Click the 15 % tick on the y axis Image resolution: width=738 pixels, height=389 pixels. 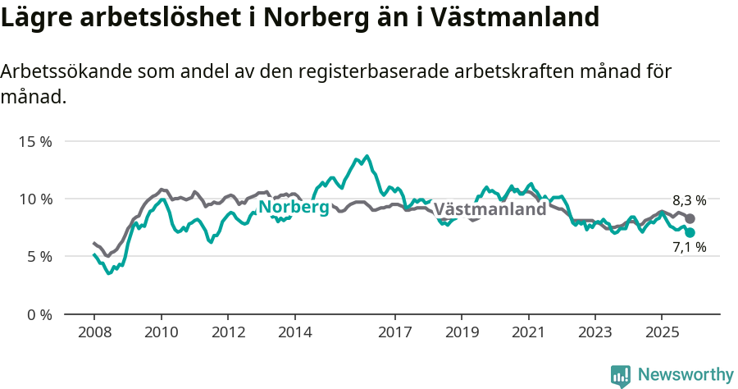click(34, 141)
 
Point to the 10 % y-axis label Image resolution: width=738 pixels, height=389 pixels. click(34, 199)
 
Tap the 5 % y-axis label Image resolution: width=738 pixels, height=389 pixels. click(38, 256)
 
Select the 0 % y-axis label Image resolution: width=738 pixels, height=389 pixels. click(38, 314)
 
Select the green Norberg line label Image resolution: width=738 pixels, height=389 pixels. click(294, 208)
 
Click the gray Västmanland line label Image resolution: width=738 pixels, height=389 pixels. click(490, 209)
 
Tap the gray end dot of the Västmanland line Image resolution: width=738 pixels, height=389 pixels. click(690, 218)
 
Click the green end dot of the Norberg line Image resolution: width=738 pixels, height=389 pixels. click(690, 232)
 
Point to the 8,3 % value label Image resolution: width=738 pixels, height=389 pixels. click(689, 200)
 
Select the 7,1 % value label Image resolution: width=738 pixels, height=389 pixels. click(689, 247)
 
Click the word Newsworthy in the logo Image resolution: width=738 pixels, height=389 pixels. click(685, 375)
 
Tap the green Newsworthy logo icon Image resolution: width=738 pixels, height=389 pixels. click(621, 376)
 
